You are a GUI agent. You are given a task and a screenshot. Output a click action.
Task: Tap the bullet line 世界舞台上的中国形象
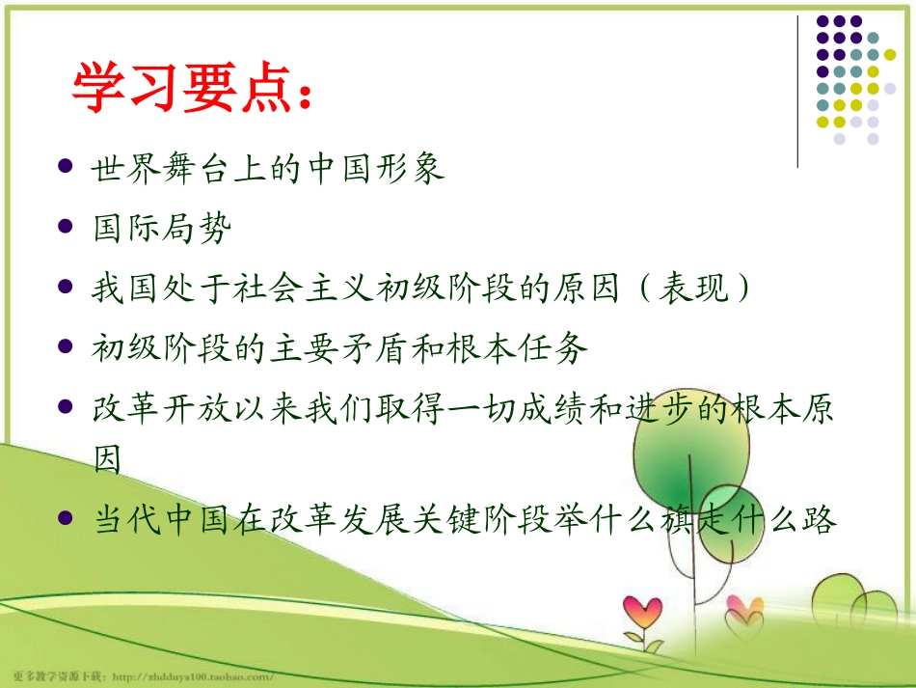click(268, 169)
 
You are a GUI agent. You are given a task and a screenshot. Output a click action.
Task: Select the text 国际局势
click(162, 229)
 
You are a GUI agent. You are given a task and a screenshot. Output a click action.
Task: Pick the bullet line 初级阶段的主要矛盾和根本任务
click(339, 348)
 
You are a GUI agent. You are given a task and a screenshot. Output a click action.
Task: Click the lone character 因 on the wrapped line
click(107, 460)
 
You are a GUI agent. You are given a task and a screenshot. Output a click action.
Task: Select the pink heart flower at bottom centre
click(642, 611)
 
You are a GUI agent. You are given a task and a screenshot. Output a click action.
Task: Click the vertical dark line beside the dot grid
click(798, 92)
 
